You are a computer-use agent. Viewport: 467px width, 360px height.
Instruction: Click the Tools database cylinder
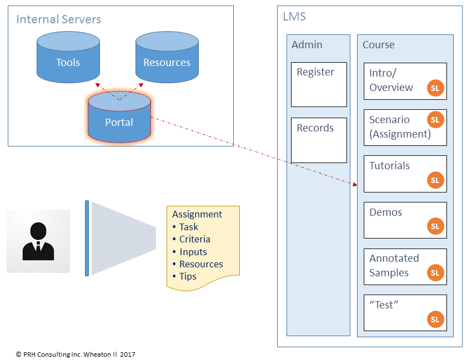(68, 58)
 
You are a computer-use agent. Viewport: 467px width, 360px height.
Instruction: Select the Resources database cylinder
(167, 58)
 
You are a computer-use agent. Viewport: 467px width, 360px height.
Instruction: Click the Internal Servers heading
(58, 19)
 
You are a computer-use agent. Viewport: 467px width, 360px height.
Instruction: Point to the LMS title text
(294, 17)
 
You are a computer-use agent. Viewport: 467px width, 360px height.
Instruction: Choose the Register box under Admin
(319, 84)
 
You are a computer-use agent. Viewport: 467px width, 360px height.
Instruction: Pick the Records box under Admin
(319, 140)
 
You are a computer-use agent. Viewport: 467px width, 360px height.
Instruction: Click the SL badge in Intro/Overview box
(435, 88)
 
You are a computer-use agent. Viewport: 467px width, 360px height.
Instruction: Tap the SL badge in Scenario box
(435, 120)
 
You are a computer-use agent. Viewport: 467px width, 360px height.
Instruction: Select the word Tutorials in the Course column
(389, 166)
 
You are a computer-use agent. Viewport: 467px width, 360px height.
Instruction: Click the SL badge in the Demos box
(435, 226)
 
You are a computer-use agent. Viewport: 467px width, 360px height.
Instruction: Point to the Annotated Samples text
(394, 265)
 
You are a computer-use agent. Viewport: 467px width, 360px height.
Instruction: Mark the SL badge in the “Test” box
(435, 319)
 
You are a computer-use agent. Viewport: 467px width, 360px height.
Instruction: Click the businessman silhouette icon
(38, 241)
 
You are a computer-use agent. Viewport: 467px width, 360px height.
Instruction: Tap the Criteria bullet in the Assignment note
(194, 239)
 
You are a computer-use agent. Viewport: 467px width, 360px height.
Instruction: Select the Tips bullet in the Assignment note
(187, 276)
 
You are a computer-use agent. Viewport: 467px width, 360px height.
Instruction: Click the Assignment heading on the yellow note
(197, 214)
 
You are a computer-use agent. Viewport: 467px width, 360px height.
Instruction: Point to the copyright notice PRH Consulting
(76, 354)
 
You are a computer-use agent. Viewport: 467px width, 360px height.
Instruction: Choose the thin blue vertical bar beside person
(87, 238)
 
